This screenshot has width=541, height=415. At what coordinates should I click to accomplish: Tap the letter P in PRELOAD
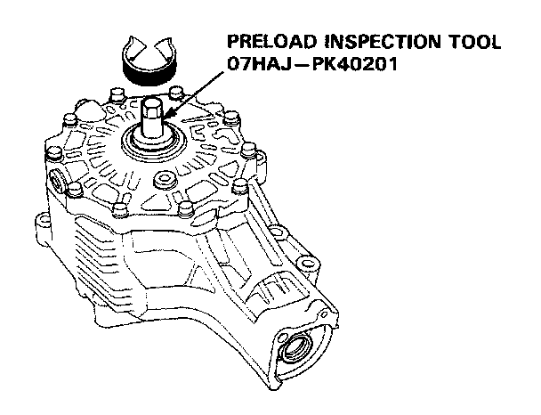[234, 41]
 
